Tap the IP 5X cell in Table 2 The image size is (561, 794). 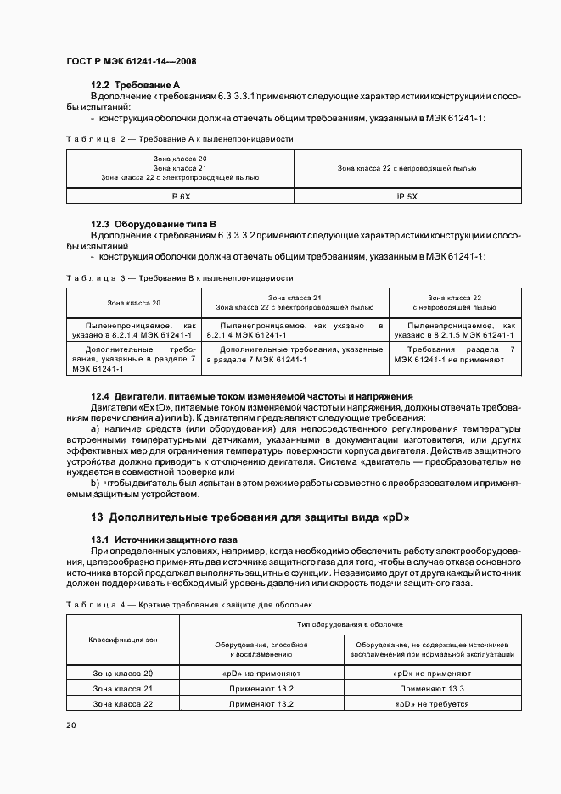[407, 196]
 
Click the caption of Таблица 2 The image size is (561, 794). [179, 137]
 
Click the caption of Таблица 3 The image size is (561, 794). [179, 277]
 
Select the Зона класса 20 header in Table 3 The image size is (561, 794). [133, 303]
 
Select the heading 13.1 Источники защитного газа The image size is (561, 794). [165, 540]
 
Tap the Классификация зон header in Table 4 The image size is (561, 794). [122, 639]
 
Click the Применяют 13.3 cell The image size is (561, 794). [432, 688]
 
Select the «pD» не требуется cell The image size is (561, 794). [432, 704]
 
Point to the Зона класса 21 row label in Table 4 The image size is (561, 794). [122, 688]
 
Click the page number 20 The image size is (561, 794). [70, 725]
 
